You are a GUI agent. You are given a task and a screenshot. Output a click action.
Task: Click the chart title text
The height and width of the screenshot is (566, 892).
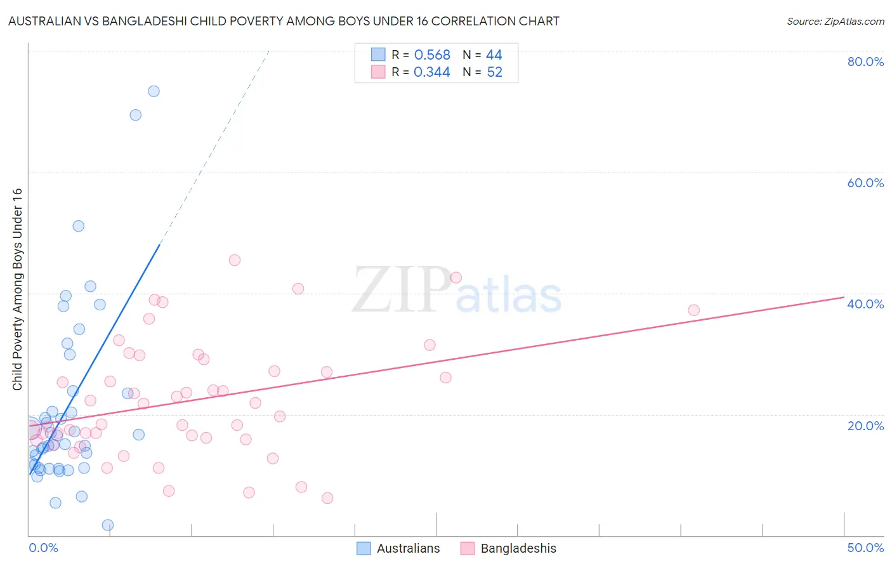284,21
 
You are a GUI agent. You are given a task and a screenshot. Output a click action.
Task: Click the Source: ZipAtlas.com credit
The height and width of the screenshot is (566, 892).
835,21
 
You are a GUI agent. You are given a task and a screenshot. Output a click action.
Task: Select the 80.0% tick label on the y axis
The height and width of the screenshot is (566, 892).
865,62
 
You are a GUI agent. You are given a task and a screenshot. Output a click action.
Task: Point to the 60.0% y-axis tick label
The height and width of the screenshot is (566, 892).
865,183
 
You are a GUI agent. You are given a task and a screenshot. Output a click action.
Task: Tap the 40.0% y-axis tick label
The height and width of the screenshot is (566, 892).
865,304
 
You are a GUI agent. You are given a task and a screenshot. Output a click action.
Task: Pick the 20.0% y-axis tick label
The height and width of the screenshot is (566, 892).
865,426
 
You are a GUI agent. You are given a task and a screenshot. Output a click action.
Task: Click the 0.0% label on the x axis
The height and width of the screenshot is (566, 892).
43,548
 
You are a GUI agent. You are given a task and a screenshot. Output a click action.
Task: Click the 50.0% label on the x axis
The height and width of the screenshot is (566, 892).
865,548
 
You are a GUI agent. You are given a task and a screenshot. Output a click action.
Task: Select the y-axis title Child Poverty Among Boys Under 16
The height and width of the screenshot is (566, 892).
18,289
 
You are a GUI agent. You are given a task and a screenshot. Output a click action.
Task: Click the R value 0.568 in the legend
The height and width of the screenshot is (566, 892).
432,55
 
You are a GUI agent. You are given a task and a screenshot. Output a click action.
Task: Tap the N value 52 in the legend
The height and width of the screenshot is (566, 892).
494,72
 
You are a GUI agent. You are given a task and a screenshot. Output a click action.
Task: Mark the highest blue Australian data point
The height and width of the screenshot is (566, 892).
154,91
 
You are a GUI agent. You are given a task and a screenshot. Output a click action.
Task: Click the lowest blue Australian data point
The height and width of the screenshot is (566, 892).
108,525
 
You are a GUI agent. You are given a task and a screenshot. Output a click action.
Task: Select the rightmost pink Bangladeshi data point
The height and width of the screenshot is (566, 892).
693,310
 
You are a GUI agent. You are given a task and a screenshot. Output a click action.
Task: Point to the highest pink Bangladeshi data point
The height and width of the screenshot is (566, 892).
235,260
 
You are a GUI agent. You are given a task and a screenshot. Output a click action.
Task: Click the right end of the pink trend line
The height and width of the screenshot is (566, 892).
844,297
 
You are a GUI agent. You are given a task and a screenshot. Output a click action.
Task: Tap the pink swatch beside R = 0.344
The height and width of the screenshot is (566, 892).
378,72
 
